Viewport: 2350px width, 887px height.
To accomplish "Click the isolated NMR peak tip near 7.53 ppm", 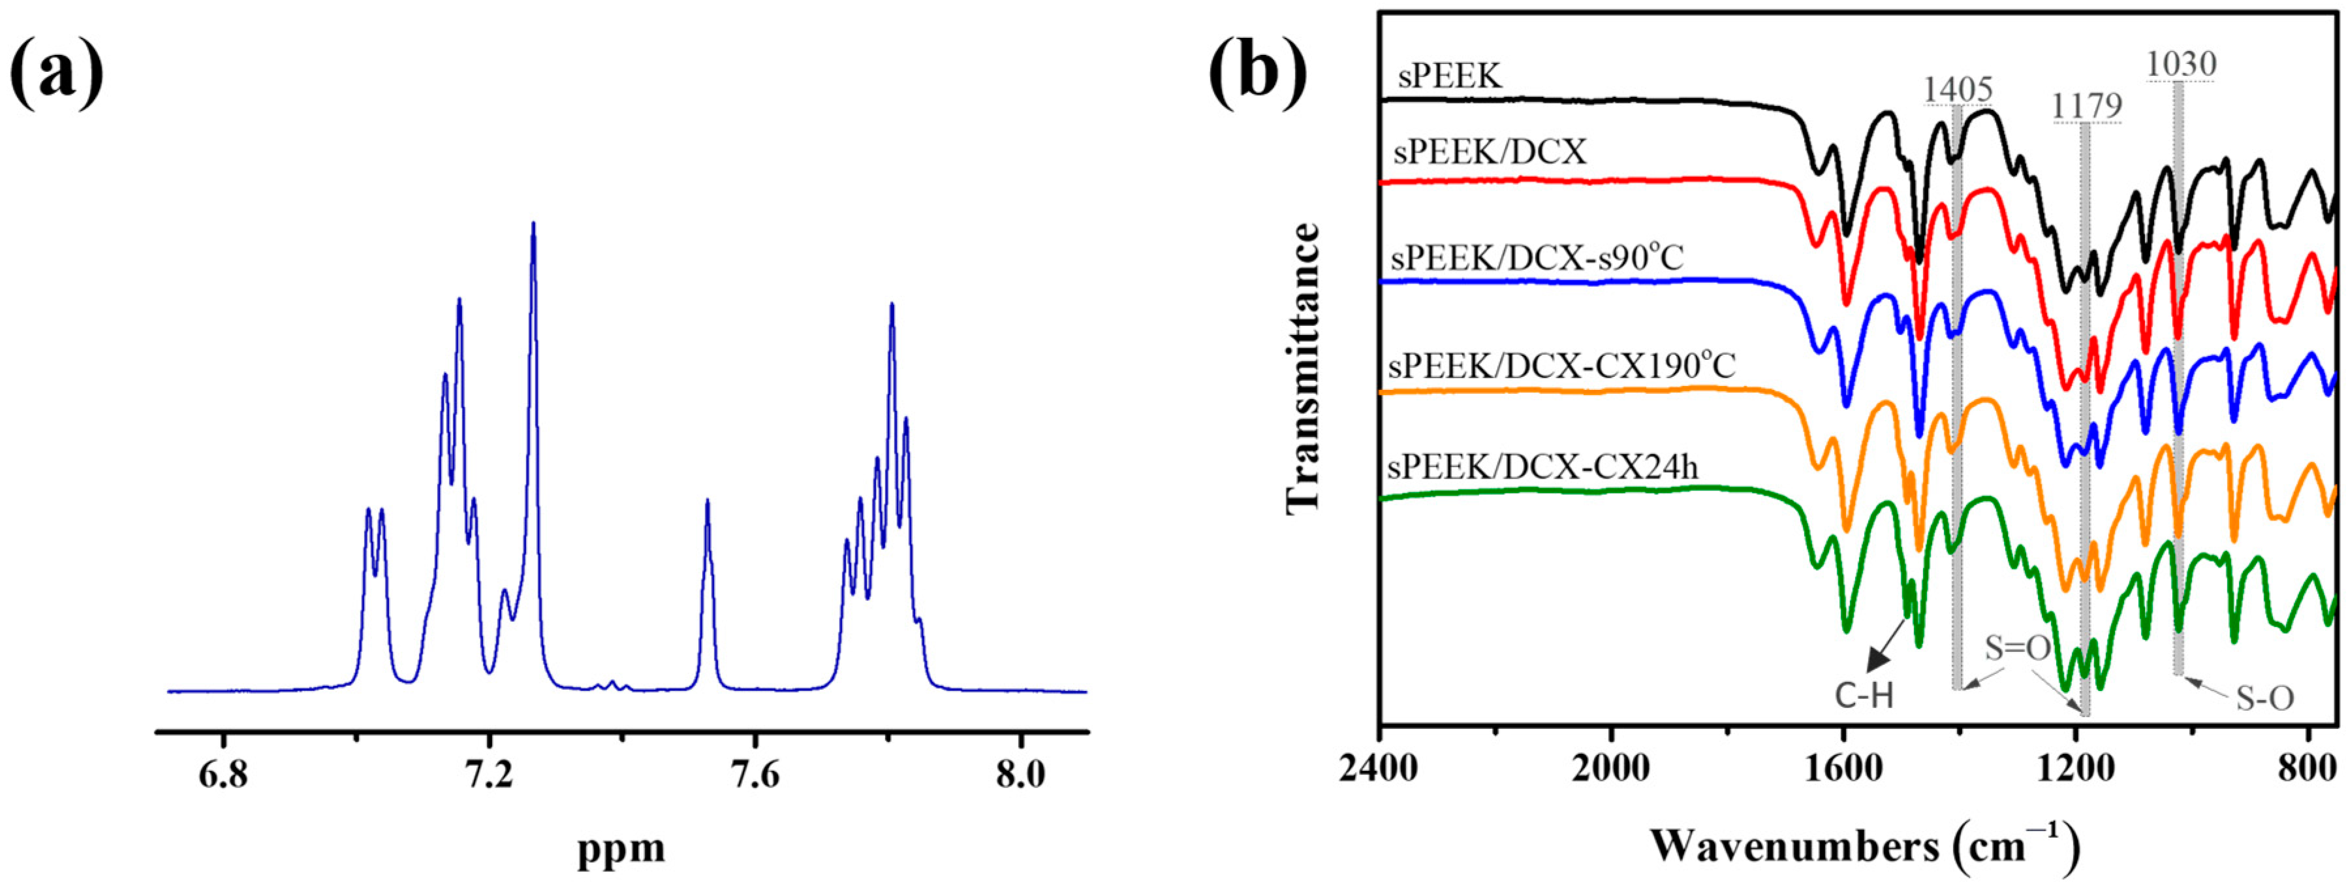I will click(707, 501).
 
